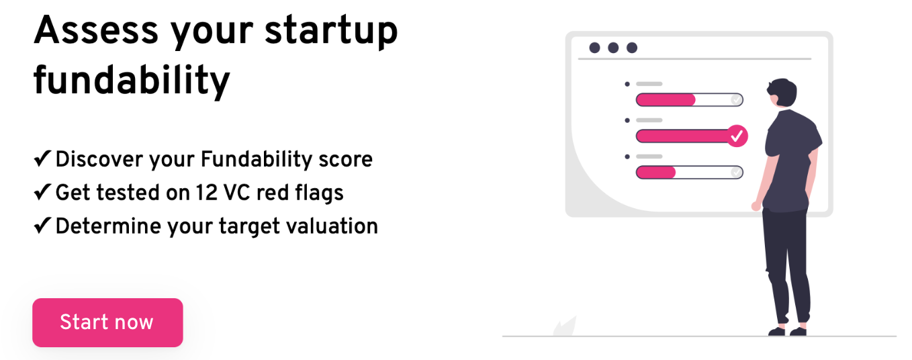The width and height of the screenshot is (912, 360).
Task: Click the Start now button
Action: click(107, 322)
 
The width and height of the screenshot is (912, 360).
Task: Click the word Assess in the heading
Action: click(96, 31)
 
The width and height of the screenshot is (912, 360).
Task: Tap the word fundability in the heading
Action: click(132, 81)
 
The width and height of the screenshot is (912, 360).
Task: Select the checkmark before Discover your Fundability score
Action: click(42, 159)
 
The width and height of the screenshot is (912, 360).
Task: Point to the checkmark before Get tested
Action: click(42, 192)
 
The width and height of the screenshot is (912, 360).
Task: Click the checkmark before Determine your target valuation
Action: click(42, 225)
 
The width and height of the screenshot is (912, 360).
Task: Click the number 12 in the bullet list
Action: click(206, 193)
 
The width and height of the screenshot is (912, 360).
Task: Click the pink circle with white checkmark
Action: click(737, 136)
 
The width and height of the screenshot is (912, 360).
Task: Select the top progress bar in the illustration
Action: click(689, 100)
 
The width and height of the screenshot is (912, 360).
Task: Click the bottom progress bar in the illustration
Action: click(689, 172)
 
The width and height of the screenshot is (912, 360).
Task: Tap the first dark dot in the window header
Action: click(594, 48)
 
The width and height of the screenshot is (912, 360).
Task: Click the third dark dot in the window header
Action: click(632, 48)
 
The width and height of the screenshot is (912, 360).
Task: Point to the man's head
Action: click(782, 93)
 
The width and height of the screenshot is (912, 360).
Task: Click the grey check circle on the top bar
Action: click(736, 100)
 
